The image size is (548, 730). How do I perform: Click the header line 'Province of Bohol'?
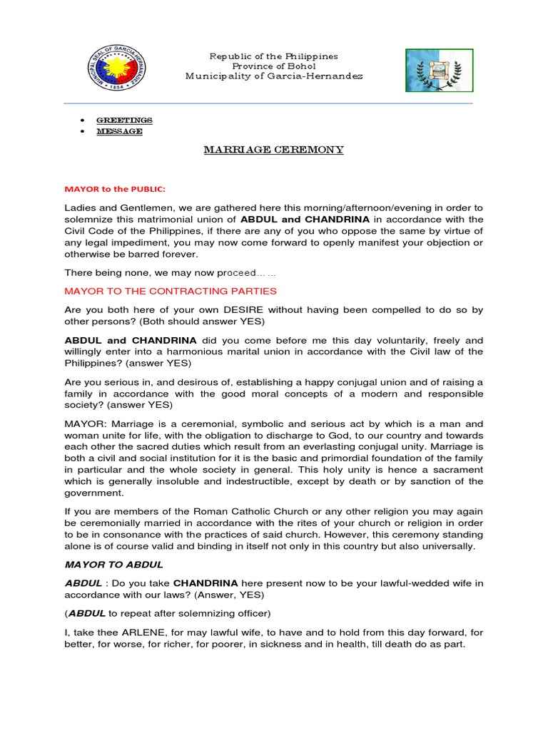click(x=273, y=66)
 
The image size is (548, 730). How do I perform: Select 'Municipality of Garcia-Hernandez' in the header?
click(x=274, y=76)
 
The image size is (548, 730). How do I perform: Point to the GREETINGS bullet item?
click(x=124, y=120)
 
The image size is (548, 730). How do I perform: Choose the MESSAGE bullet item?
click(x=119, y=131)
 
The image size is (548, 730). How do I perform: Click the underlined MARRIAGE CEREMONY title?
click(x=273, y=150)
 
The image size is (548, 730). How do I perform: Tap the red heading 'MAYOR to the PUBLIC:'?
click(x=115, y=189)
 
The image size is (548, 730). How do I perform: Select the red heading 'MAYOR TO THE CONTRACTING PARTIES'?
click(x=171, y=291)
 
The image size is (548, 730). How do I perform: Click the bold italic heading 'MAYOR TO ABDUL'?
click(x=114, y=565)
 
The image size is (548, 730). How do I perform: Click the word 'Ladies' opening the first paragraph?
click(x=80, y=207)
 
